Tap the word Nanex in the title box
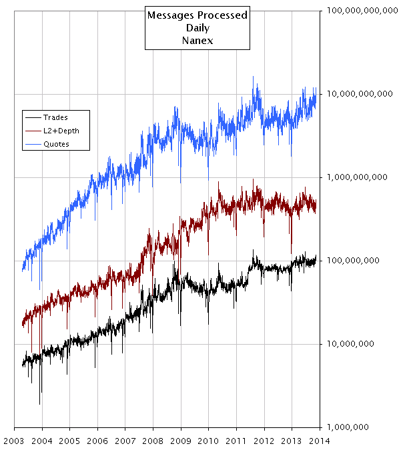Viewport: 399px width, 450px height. pos(197,41)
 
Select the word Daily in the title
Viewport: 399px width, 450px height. pos(197,28)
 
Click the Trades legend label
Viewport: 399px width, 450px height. pos(55,117)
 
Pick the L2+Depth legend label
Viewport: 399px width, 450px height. pos(61,131)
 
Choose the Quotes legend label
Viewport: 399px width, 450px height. pos(56,144)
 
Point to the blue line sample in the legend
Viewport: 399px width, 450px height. pos(33,144)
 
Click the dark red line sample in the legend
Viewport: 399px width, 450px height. pos(33,131)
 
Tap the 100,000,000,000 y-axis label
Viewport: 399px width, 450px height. pos(362,11)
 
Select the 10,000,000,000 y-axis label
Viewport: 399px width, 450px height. pos(360,94)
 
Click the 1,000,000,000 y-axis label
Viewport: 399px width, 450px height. pos(357,177)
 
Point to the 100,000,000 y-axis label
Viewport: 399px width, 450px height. pos(353,260)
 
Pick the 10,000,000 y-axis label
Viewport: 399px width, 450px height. pos(350,343)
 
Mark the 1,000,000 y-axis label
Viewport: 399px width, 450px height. pos(348,427)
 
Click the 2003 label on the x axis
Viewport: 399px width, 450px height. pos(14,441)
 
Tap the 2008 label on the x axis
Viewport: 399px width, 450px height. pos(153,441)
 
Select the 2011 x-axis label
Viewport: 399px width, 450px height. pos(236,441)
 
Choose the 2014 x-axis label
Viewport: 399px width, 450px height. pos(320,441)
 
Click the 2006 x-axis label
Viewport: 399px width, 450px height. pos(97,441)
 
